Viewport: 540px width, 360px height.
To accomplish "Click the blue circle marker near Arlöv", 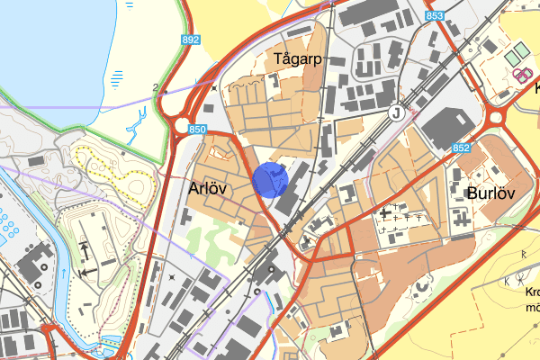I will point(270,179).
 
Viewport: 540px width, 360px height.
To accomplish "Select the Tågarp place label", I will point(296,59).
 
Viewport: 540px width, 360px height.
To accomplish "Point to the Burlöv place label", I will point(491,193).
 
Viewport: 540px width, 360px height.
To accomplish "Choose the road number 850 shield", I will point(198,130).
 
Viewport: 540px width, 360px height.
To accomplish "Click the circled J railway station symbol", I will point(394,113).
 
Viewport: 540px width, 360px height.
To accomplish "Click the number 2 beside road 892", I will point(156,87).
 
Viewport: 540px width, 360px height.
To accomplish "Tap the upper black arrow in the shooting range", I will point(84,247).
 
